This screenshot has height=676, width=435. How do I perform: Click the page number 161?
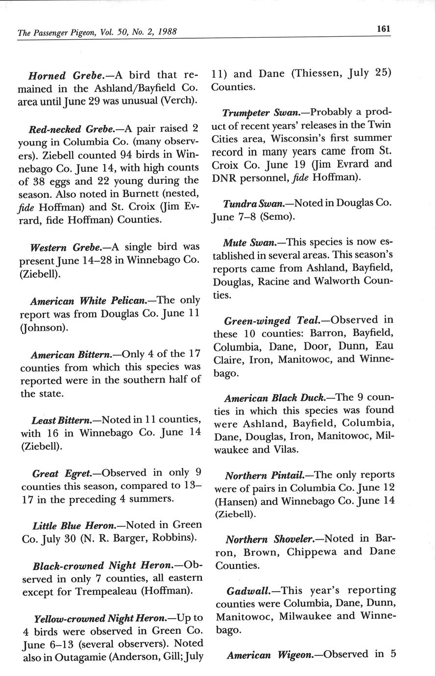(383, 29)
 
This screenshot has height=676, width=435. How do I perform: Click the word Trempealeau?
(106, 591)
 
